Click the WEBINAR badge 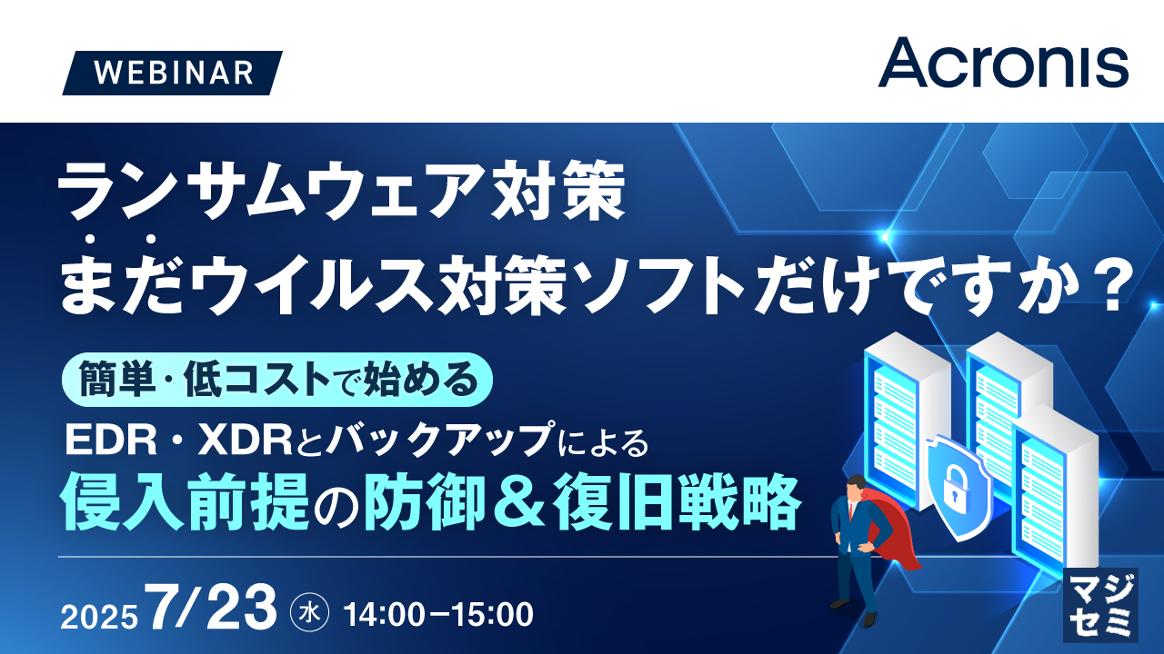(x=173, y=73)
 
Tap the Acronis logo (x=1003, y=62)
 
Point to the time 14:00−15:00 (x=438, y=614)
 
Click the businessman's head (x=857, y=488)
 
